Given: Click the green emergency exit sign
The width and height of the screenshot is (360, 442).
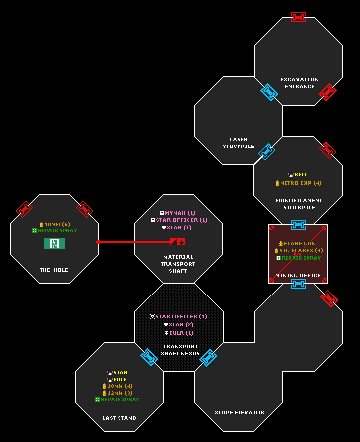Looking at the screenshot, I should [x=54, y=244].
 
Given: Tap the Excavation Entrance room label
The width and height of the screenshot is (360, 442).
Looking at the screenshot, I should [x=299, y=83].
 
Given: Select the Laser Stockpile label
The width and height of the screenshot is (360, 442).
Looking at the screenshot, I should [x=239, y=143].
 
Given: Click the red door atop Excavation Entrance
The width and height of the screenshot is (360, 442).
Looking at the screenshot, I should [x=298, y=17].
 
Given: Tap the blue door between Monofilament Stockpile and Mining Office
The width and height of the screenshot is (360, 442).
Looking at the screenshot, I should [x=298, y=225].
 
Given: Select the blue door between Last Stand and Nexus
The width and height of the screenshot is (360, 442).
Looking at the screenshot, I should [x=149, y=357].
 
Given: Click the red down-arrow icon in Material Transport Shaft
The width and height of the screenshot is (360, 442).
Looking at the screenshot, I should [x=181, y=242].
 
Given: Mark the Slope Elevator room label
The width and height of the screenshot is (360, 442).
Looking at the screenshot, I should [x=240, y=413].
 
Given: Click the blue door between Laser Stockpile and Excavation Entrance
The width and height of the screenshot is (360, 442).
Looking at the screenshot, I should [x=269, y=92].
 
